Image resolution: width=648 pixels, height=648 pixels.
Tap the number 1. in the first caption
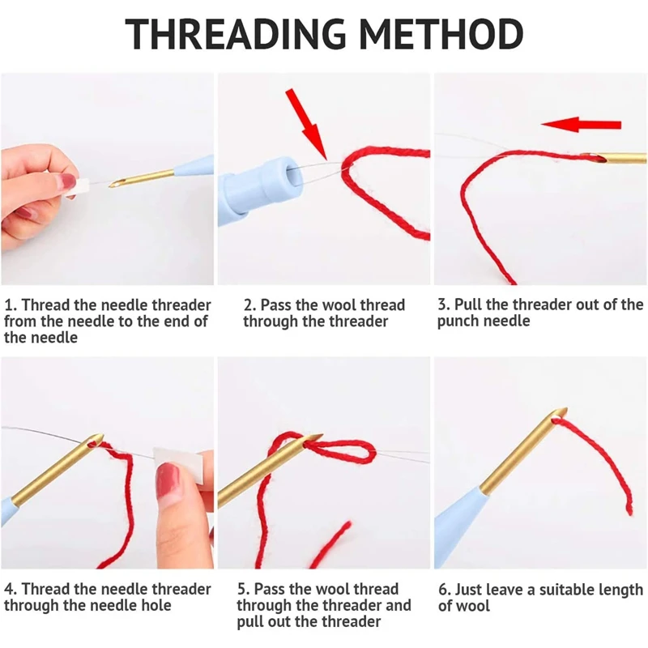click(x=11, y=305)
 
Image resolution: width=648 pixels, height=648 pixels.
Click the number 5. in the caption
click(x=244, y=590)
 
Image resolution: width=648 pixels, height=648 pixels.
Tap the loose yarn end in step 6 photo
click(x=629, y=506)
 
